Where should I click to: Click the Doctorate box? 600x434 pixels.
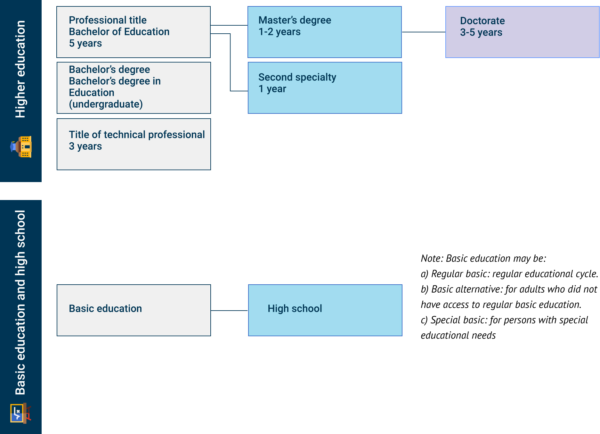pyautogui.click(x=522, y=32)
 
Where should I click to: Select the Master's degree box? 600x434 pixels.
pyautogui.click(x=324, y=32)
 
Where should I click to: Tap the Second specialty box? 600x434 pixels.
pyautogui.click(x=325, y=88)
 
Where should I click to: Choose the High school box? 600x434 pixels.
pyautogui.click(x=325, y=310)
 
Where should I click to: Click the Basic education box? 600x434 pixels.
pyautogui.click(x=134, y=310)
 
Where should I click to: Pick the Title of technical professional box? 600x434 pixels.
pyautogui.click(x=134, y=144)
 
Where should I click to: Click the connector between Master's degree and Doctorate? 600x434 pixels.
pyautogui.click(x=423, y=32)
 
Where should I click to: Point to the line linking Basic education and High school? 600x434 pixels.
pyautogui.click(x=229, y=310)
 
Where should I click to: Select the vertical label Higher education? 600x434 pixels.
pyautogui.click(x=20, y=69)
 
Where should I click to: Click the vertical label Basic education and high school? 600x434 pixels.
pyautogui.click(x=20, y=302)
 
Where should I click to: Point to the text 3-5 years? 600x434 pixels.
pyautogui.click(x=481, y=32)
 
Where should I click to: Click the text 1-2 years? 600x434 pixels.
pyautogui.click(x=279, y=32)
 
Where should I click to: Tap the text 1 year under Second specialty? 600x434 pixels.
pyautogui.click(x=272, y=89)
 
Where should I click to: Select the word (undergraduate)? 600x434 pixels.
pyautogui.click(x=106, y=104)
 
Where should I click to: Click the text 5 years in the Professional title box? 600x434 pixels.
pyautogui.click(x=85, y=43)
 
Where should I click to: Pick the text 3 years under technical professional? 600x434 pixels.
pyautogui.click(x=85, y=146)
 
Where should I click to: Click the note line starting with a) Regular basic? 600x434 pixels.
pyautogui.click(x=509, y=274)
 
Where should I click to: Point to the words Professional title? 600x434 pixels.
pyautogui.click(x=108, y=20)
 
